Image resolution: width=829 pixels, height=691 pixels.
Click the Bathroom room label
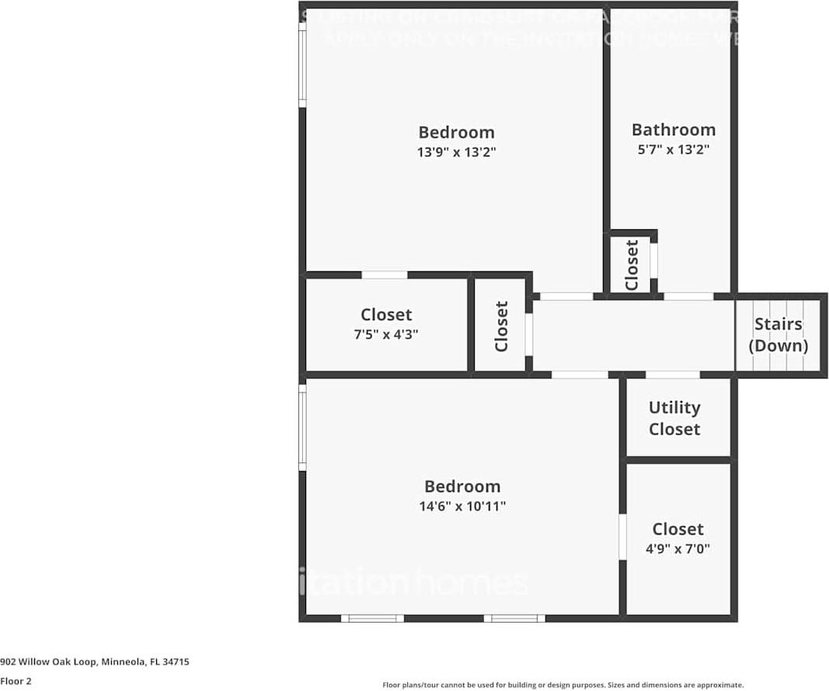click(x=673, y=130)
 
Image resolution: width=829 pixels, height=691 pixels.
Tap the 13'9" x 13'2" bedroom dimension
click(x=456, y=152)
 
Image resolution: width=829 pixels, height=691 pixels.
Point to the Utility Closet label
click(x=674, y=418)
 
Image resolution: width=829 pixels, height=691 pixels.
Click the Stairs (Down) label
click(x=778, y=335)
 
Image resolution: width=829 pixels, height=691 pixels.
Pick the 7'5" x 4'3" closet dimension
click(x=386, y=334)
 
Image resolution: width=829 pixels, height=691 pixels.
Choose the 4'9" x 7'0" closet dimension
click(x=677, y=549)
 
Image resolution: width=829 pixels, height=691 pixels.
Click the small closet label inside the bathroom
click(x=632, y=265)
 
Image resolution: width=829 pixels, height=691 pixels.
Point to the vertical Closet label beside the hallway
click(x=502, y=326)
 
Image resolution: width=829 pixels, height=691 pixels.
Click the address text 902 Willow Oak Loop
click(x=95, y=662)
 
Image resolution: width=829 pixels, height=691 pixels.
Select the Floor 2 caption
click(x=16, y=681)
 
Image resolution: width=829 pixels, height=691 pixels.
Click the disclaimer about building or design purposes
click(x=563, y=685)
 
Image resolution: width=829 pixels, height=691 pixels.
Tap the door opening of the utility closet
click(x=672, y=375)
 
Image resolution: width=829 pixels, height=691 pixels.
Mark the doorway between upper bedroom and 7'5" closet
click(x=385, y=274)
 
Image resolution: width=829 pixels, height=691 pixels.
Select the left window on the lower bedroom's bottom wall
click(x=372, y=619)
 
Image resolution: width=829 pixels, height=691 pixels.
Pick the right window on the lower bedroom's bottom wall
click(x=514, y=619)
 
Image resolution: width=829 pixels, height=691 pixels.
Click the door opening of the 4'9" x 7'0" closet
click(x=622, y=536)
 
